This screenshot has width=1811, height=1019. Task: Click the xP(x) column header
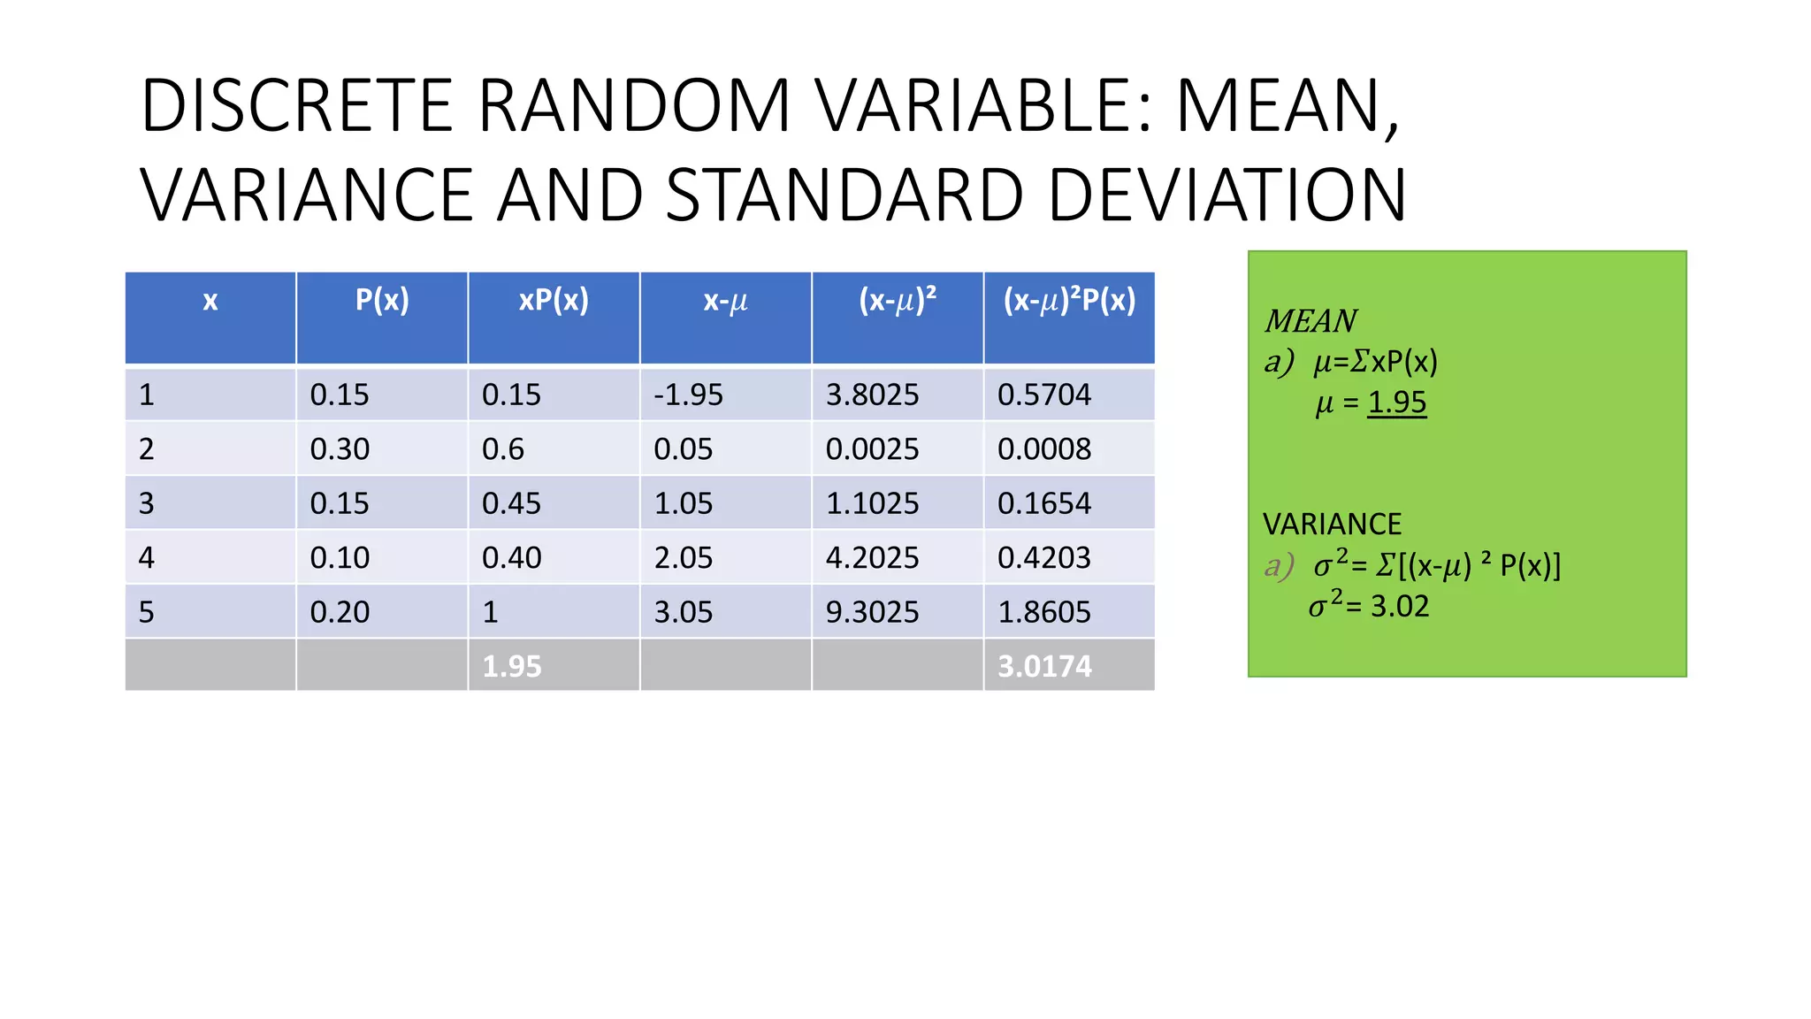(554, 301)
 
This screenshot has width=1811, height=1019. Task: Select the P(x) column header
(382, 301)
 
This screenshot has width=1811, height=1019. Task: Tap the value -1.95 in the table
(688, 395)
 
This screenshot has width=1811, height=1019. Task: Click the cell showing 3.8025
(872, 395)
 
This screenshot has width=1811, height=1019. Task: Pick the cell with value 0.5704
(1044, 395)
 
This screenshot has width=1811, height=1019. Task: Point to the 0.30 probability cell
(340, 449)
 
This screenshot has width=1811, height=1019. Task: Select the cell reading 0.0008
(1044, 449)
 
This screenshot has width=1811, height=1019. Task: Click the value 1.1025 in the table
(872, 503)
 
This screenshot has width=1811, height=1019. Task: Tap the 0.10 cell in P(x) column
(340, 558)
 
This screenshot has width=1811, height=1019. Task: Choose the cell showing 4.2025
(872, 558)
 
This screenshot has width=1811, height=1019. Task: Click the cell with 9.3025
(872, 612)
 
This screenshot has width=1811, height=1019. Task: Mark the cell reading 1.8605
(1044, 612)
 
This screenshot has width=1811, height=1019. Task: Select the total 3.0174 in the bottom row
(1044, 666)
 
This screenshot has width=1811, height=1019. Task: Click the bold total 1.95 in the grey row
(512, 666)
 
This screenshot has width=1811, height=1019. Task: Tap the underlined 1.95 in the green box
(1397, 402)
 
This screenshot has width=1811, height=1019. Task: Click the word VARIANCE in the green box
(1332, 525)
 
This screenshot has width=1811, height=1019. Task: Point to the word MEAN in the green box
(1310, 321)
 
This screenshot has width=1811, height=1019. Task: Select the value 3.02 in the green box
(1400, 607)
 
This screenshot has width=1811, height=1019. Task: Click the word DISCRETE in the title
(297, 106)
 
